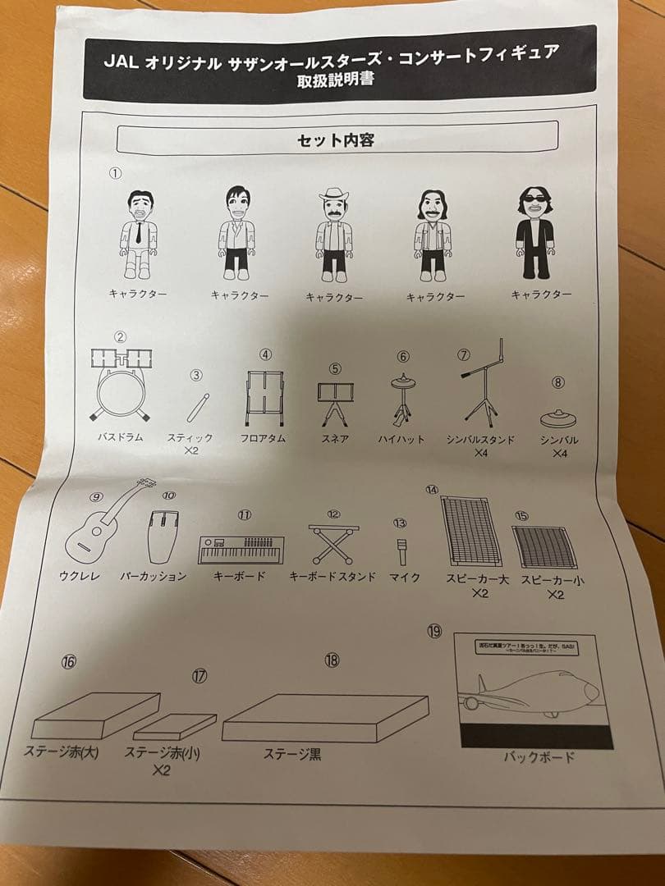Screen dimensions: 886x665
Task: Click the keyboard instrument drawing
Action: point(240,549)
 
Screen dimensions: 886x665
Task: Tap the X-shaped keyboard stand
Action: point(333,544)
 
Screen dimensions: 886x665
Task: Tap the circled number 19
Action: point(435,631)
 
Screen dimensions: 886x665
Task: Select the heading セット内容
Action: point(336,140)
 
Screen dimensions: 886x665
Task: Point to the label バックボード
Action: point(539,757)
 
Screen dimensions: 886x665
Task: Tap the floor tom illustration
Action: point(264,399)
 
